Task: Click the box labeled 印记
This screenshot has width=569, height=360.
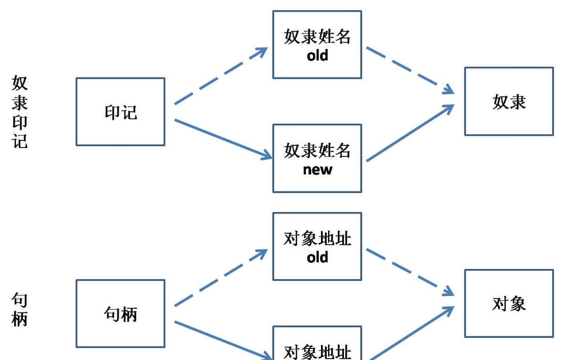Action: [120, 112]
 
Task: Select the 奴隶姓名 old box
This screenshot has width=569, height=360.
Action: [317, 44]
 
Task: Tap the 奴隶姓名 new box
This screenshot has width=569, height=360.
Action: [317, 158]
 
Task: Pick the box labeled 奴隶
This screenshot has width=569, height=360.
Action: [509, 101]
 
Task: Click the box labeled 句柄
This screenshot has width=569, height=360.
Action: [120, 313]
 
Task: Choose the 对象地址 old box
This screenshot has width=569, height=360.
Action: [317, 246]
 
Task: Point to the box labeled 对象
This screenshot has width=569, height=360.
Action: [509, 303]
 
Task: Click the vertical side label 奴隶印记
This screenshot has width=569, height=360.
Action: [20, 112]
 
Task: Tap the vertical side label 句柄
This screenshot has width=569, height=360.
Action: [20, 310]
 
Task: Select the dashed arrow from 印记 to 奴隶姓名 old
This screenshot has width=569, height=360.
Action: [220, 76]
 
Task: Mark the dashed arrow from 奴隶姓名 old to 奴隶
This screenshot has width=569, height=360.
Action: [409, 70]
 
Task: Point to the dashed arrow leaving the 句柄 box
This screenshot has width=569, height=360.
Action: [220, 278]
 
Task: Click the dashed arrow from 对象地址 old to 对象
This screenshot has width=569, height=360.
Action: [409, 272]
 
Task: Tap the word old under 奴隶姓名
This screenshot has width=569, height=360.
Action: [317, 56]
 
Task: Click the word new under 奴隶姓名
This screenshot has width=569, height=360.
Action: [317, 169]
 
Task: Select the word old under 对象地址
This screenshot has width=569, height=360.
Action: [317, 257]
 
